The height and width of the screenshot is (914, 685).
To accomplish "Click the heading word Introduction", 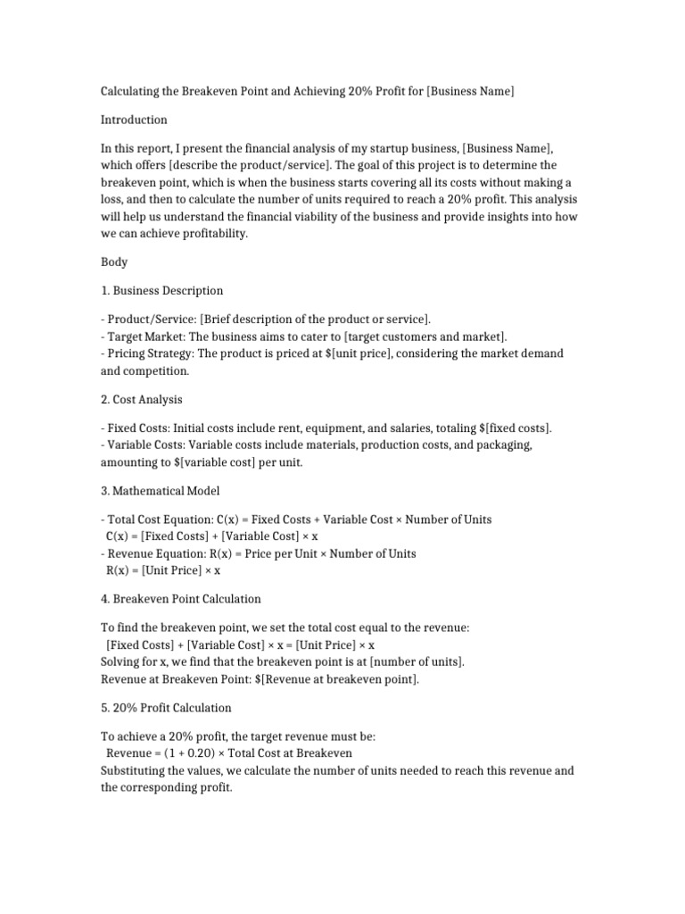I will pyautogui.click(x=134, y=120).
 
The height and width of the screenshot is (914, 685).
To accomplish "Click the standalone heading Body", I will pyautogui.click(x=114, y=262).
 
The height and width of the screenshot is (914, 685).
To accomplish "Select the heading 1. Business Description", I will pyautogui.click(x=162, y=291).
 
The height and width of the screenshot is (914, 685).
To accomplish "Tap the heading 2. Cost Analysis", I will pyautogui.click(x=142, y=399).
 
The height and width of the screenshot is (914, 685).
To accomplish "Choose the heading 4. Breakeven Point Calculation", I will pyautogui.click(x=181, y=598).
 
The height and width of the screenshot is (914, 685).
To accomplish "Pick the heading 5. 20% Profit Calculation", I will pyautogui.click(x=166, y=707).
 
